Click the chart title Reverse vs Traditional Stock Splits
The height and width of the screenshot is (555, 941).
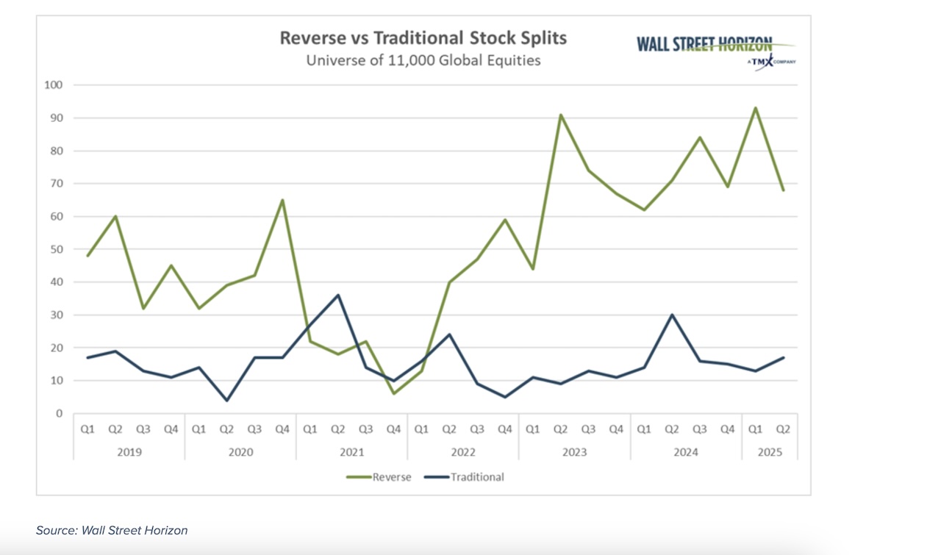[x=423, y=38]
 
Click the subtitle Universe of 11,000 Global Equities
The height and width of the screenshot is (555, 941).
[x=423, y=60]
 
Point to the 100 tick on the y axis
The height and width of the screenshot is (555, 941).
[x=54, y=85]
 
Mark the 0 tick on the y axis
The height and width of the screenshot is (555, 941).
[x=60, y=413]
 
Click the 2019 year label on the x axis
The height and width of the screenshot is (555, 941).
[x=129, y=452]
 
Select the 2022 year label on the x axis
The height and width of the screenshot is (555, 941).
[x=463, y=452]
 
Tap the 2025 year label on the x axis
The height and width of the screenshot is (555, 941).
[x=769, y=452]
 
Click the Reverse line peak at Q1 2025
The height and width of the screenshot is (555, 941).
[x=755, y=108]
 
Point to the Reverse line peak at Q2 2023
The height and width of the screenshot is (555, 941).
[x=560, y=115]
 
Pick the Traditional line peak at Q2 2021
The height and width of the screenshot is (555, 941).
[x=337, y=295]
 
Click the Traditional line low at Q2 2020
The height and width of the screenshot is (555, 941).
[x=226, y=400]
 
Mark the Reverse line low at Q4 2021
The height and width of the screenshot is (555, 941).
[x=393, y=393]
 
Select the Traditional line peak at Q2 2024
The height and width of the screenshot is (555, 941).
[x=671, y=315]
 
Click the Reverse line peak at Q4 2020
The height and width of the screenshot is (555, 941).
[x=282, y=200]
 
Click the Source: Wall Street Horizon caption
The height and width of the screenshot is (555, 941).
[x=112, y=530]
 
